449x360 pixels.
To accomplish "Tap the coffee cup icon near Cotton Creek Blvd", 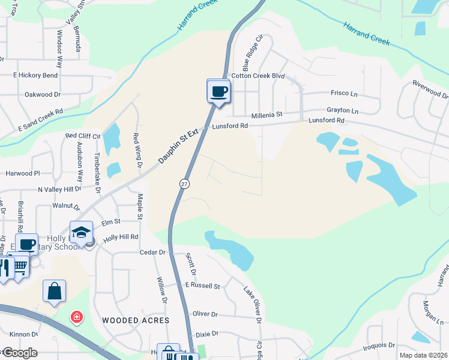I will click(218, 91).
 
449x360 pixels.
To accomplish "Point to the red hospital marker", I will click(76, 316).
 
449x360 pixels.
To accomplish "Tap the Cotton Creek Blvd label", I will click(258, 76).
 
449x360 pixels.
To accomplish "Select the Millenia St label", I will click(267, 114).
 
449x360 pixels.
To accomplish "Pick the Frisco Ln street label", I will click(344, 93).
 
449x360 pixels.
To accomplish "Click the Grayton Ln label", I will click(342, 111).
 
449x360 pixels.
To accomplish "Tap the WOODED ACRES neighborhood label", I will click(136, 320).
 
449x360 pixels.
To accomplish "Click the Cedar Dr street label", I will click(152, 253).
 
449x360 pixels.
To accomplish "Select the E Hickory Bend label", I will click(35, 76).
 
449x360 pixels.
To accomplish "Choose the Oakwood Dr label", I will click(43, 95).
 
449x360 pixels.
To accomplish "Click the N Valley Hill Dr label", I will click(59, 189).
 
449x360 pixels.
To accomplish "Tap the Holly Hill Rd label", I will click(121, 237).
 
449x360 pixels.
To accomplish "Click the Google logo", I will click(19, 353).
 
